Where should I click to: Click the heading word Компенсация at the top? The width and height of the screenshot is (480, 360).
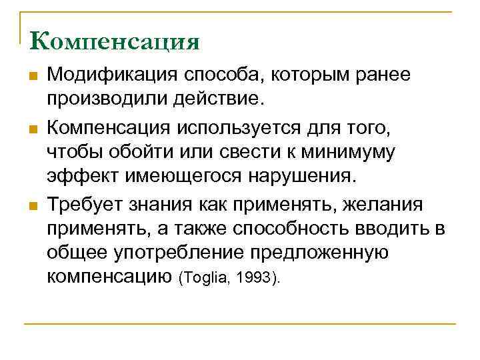[115, 41]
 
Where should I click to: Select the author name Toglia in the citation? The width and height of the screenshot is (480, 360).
[204, 278]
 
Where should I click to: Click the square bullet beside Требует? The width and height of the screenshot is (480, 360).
[31, 203]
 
